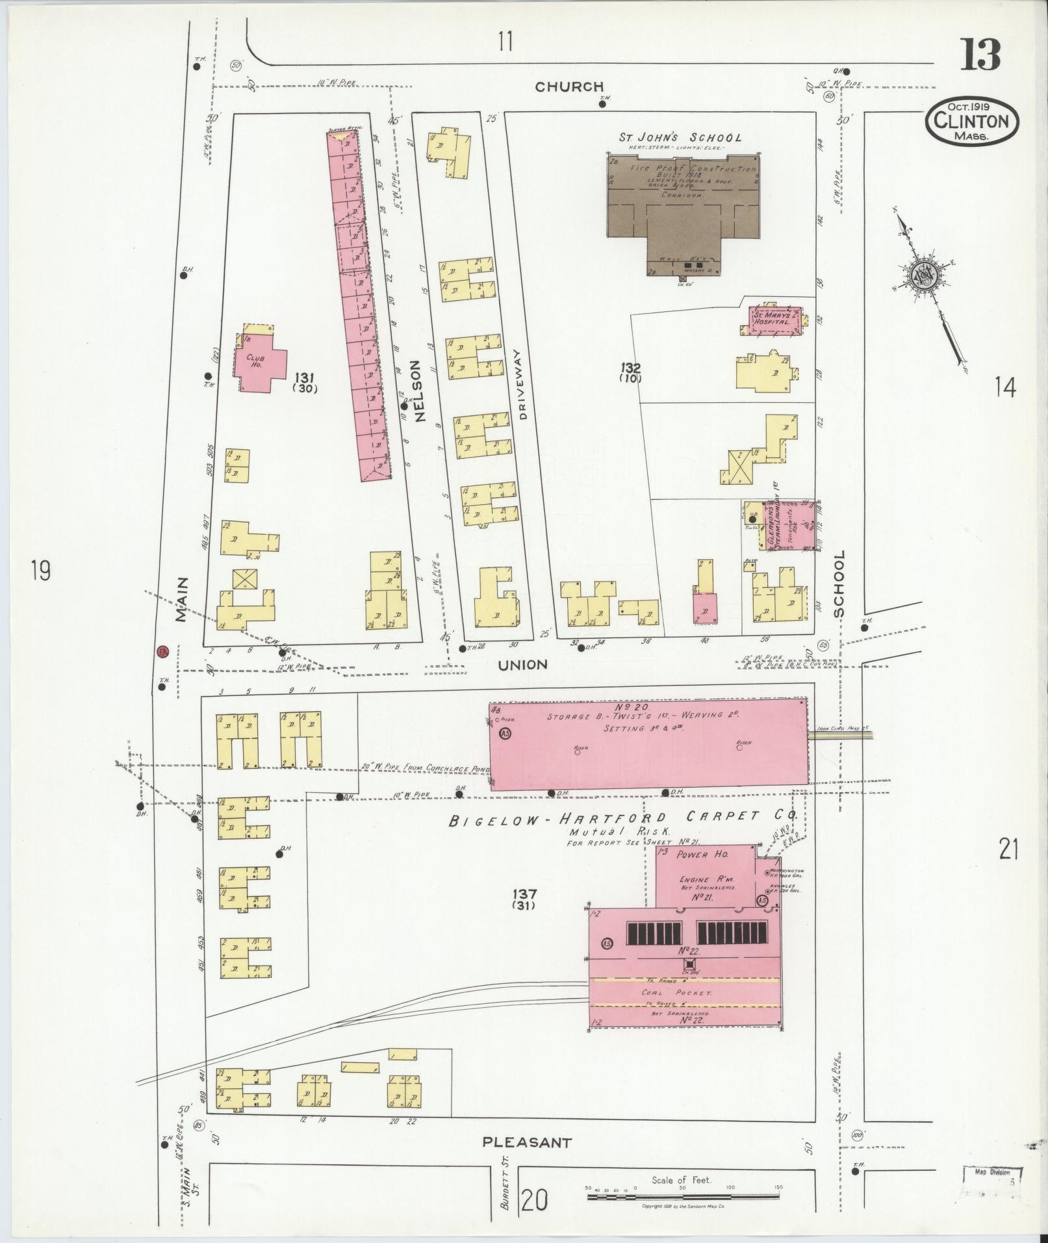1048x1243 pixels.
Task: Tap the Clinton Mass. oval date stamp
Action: click(972, 122)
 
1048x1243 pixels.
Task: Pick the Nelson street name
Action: click(416, 391)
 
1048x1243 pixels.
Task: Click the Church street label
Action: click(570, 86)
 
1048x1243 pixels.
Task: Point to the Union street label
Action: click(523, 665)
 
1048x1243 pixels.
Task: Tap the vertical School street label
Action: click(840, 583)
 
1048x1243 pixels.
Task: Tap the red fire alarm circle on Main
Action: click(163, 650)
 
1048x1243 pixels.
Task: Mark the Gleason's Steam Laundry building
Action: click(778, 526)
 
